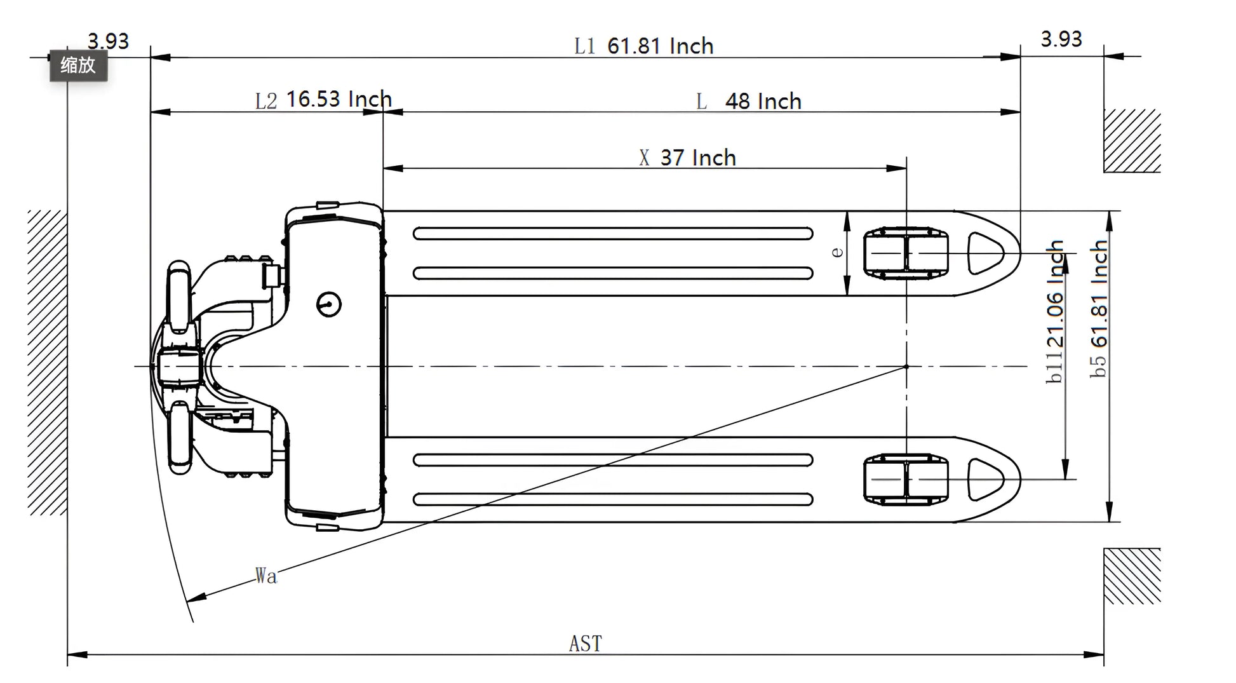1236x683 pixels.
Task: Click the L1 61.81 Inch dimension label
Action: point(643,46)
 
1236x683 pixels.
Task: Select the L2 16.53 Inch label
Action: point(323,99)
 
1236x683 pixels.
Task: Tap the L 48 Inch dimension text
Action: point(749,101)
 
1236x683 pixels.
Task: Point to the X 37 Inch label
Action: point(688,158)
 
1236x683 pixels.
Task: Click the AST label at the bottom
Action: point(585,644)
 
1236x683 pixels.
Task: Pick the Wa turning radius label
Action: point(266,576)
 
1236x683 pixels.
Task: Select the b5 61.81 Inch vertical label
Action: point(1099,309)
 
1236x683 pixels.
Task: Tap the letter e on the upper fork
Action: point(837,252)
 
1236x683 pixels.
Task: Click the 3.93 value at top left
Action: point(108,41)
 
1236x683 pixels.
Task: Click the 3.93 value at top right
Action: point(1061,39)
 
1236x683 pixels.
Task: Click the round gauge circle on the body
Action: point(329,304)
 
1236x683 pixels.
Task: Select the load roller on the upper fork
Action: point(906,253)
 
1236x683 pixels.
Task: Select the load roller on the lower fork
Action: point(906,479)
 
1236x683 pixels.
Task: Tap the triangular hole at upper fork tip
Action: point(983,253)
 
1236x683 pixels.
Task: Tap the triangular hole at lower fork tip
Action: point(983,479)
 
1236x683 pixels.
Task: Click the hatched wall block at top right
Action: point(1131,140)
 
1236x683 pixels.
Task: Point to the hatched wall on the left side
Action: point(47,362)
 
